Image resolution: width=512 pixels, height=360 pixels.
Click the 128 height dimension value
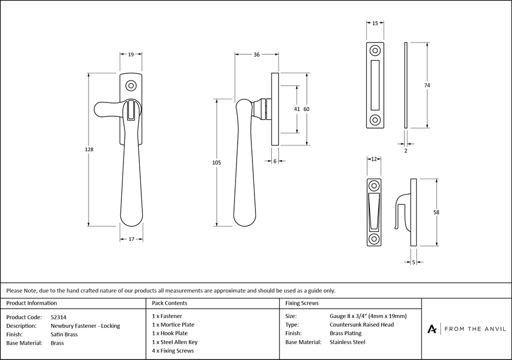coord(89,150)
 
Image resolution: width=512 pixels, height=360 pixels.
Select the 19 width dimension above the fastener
coord(131,54)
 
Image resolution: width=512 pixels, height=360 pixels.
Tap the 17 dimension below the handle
coord(131,239)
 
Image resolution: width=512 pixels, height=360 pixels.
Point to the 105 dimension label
coord(216,162)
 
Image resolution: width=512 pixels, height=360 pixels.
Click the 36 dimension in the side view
coord(257,54)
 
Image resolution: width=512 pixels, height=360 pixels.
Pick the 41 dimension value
coord(297,109)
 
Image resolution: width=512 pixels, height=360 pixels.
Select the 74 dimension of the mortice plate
coord(426,85)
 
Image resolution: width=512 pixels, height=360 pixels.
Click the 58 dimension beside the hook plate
coord(436,212)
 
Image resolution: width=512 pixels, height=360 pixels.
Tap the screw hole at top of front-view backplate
coord(132,85)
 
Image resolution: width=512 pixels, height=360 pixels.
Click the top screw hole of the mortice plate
coord(375,51)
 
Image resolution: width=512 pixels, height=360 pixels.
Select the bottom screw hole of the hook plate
coord(374,239)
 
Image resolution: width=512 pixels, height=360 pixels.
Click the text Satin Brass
coord(64,334)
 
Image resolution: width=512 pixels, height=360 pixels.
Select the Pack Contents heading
coord(169,303)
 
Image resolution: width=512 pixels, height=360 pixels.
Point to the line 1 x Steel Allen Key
coord(175,342)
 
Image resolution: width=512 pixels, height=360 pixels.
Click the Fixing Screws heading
coord(302,303)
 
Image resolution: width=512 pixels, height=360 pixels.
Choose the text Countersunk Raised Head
coord(361,325)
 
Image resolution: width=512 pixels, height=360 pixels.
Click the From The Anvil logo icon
coord(432,329)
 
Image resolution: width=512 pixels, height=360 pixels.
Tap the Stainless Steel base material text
coord(347,342)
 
